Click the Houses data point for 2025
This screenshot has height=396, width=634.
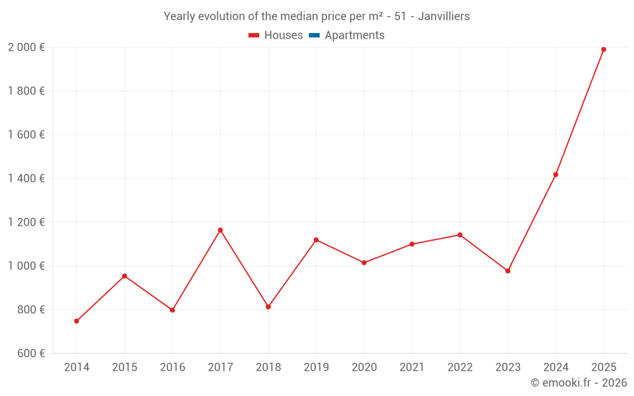[x=604, y=49]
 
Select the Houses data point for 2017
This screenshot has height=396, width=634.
[x=220, y=230]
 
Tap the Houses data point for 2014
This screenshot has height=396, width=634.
[x=77, y=321]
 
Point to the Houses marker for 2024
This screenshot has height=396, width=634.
[x=555, y=174]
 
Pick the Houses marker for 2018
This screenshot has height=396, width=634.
[x=268, y=307]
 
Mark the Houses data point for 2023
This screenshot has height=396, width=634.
[x=508, y=271]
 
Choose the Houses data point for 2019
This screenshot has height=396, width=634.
[x=316, y=240]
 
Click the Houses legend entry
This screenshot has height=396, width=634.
[x=276, y=35]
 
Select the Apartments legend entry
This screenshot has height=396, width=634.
[x=347, y=35]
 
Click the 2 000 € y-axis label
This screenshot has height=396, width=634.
[x=26, y=48]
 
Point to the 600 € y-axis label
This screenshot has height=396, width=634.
[x=30, y=354]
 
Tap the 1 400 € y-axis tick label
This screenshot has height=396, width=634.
[x=26, y=179]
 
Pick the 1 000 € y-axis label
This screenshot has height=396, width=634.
[x=26, y=266]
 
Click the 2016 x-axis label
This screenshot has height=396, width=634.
[x=172, y=367]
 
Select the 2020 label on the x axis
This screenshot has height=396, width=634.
[x=364, y=367]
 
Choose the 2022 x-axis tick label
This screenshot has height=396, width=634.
[x=460, y=367]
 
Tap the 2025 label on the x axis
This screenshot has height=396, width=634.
[x=604, y=367]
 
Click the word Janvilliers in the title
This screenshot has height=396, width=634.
[x=444, y=16]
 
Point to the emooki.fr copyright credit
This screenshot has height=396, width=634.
[x=579, y=383]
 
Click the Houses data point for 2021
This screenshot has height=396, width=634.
[x=412, y=244]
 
